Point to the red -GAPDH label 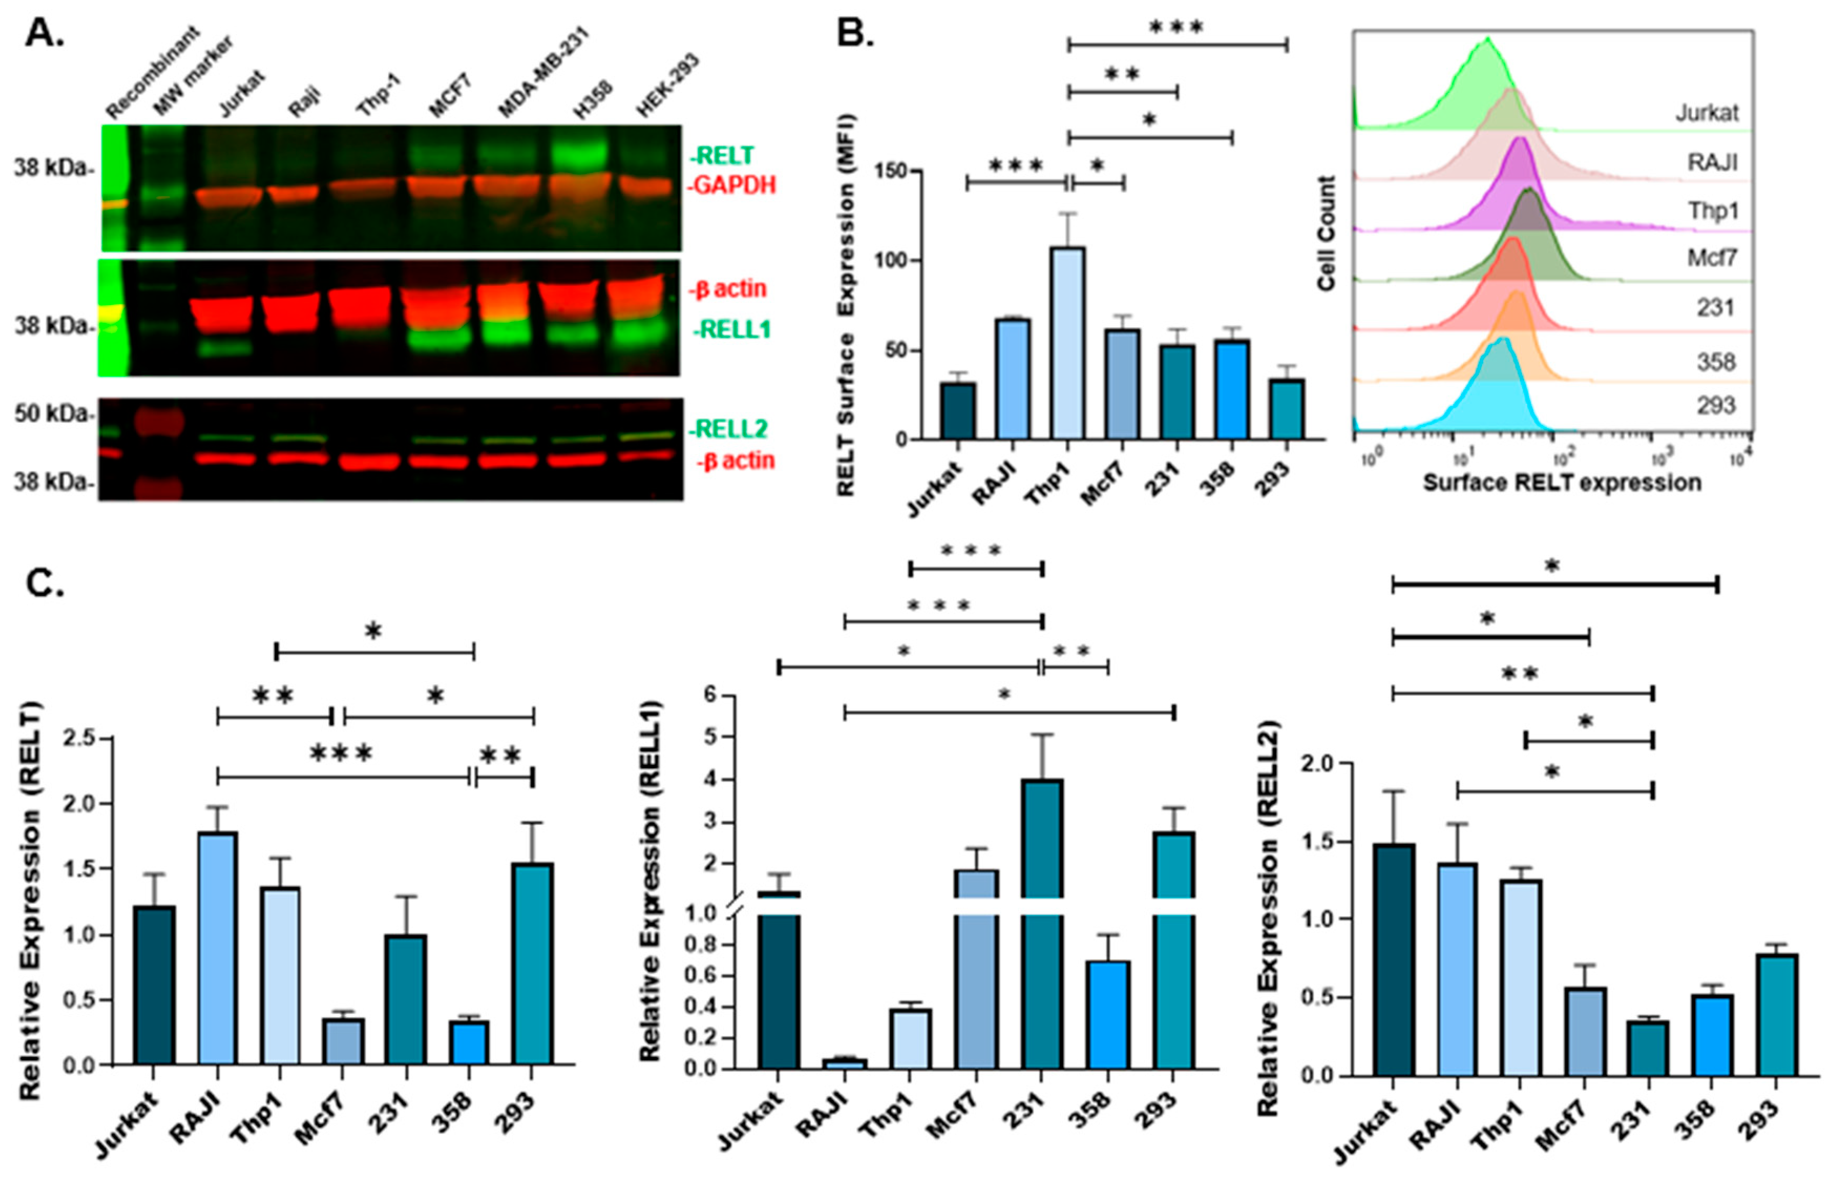pos(732,185)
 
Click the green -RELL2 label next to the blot pos(727,429)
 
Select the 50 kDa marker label pos(52,414)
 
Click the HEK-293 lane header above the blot pos(667,86)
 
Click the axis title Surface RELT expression pos(1561,483)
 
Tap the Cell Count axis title pos(1327,233)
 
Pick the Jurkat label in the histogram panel pos(1707,113)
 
